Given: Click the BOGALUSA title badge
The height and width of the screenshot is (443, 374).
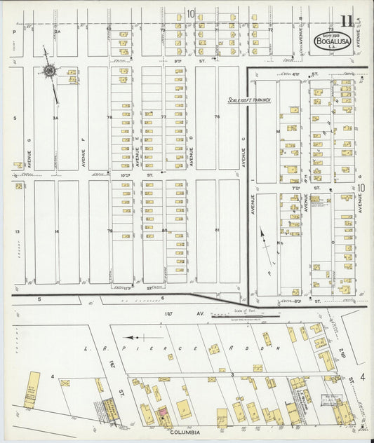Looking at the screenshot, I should (328, 41).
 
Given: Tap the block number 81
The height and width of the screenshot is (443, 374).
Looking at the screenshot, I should (218, 230).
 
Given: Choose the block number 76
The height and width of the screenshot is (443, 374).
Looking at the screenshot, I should (218, 117).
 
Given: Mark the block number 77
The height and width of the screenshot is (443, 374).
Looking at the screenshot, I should (163, 117).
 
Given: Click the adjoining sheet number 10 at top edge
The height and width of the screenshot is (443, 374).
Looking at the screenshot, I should (190, 13).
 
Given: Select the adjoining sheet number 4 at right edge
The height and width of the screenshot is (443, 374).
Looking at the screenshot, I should (362, 377).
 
